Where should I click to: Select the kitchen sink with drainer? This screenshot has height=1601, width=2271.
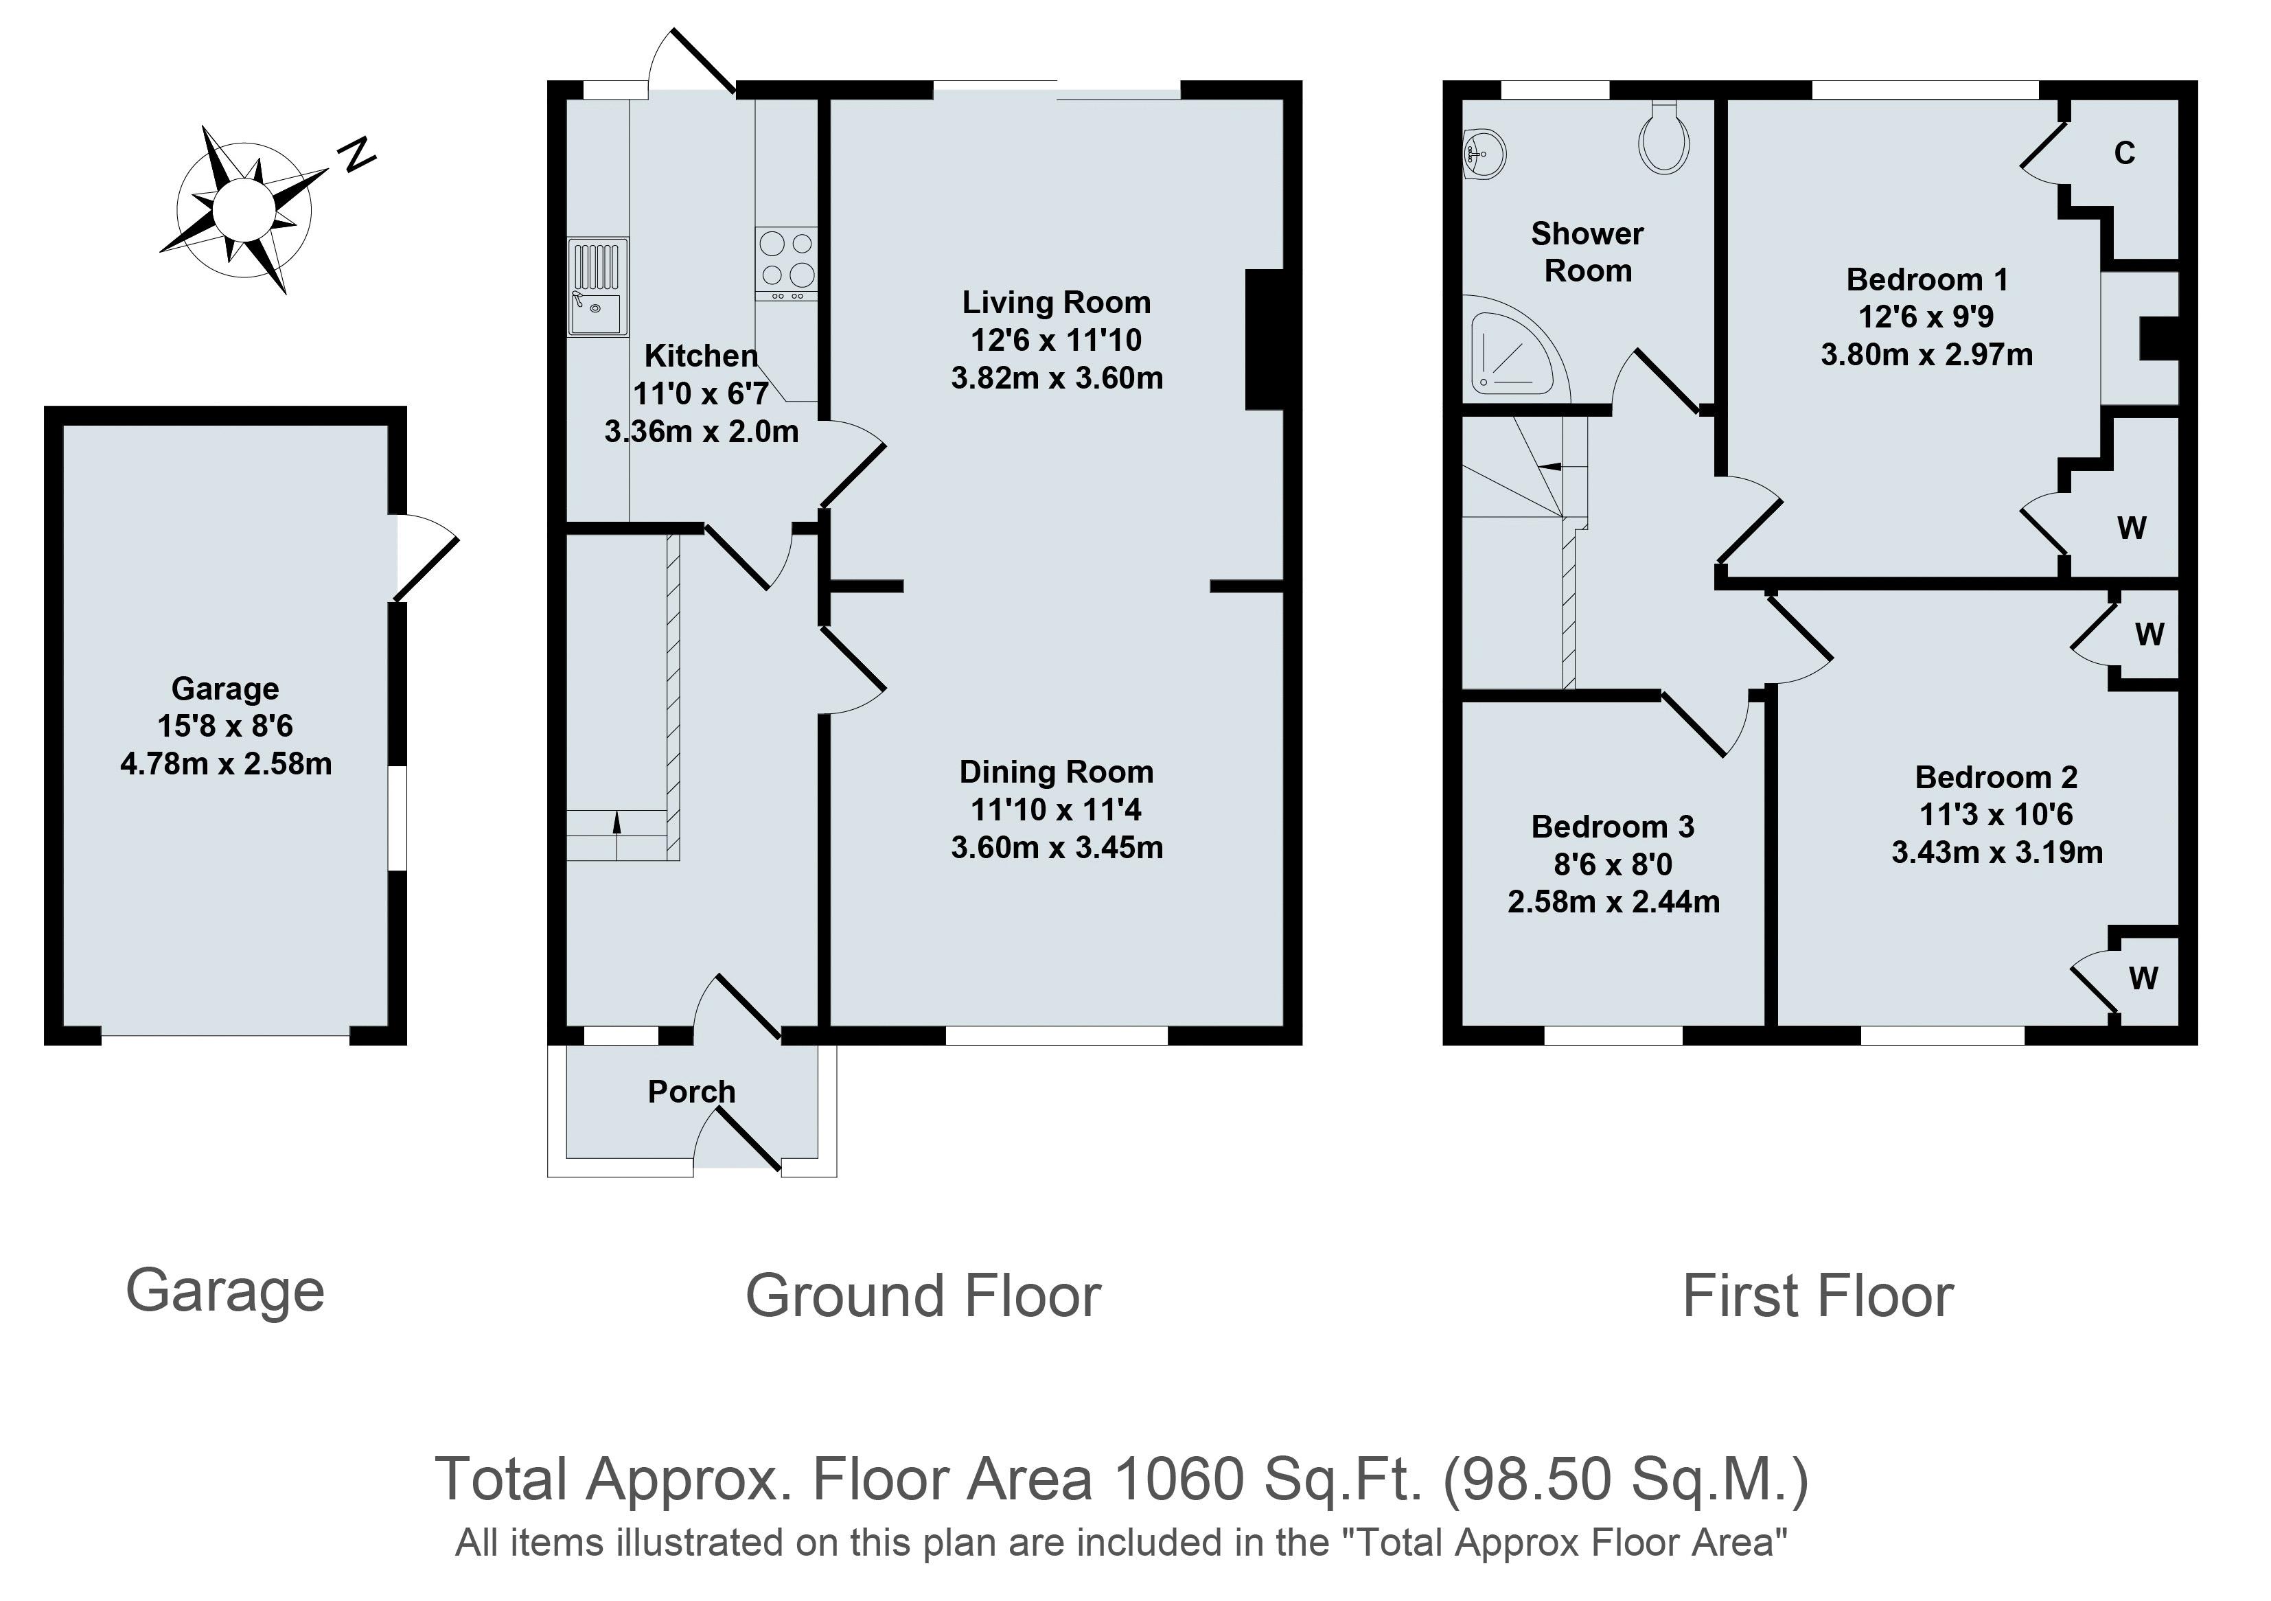point(597,287)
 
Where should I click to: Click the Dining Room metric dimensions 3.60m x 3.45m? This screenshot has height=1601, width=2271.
point(1057,847)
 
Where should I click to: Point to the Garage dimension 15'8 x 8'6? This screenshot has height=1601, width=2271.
point(225,726)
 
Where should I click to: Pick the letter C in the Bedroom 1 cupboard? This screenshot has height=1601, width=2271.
point(2125,152)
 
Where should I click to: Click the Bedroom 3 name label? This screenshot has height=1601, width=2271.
point(1613,827)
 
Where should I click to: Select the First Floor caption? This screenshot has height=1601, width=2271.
point(1818,1295)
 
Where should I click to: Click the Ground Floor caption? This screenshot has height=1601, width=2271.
point(923,1295)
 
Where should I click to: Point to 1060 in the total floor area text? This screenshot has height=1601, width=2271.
point(1179,1479)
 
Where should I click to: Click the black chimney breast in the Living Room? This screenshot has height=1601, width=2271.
point(1264,339)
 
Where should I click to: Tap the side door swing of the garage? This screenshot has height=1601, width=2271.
point(427,556)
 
